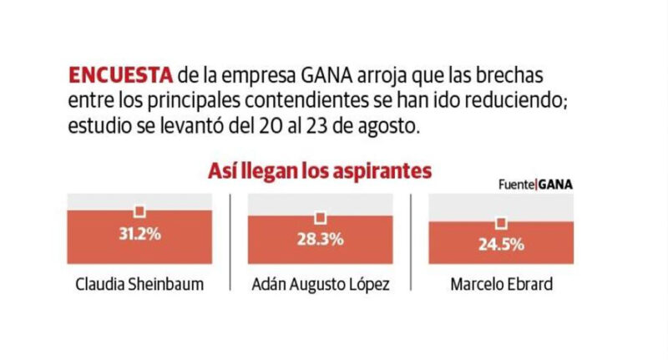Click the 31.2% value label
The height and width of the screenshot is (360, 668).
click(139, 233)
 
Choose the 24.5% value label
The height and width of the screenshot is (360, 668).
click(501, 245)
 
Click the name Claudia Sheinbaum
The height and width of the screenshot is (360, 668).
click(139, 285)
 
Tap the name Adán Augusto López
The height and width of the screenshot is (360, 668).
click(319, 285)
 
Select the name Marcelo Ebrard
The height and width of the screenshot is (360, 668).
click(500, 285)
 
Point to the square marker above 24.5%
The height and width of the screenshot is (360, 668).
click(501, 223)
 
